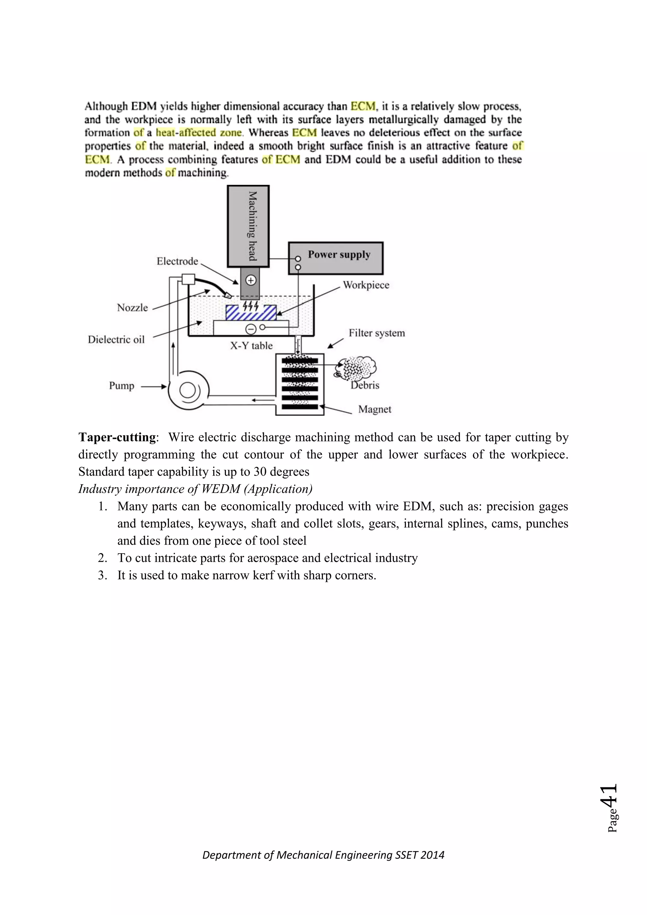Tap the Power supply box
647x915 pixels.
336,258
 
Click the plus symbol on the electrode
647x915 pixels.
251,280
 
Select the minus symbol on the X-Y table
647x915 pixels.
251,329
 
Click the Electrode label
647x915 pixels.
177,261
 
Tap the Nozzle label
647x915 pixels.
132,308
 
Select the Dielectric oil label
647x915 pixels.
116,340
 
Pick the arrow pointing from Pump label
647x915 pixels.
154,386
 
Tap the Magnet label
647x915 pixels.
374,409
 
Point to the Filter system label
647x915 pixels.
377,333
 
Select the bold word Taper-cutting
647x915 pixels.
117,437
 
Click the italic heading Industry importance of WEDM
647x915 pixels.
195,489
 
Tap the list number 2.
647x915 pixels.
102,558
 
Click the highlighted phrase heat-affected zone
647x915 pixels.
198,133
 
